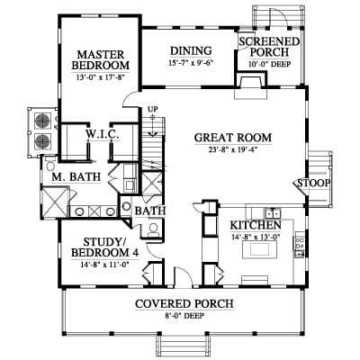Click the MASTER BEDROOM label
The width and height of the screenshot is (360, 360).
coord(101,60)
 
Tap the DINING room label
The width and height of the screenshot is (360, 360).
coord(191,51)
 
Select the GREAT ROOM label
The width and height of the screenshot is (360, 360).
coord(233,138)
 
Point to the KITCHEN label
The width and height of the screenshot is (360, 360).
coord(256,225)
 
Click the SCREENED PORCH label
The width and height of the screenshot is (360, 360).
coord(269,47)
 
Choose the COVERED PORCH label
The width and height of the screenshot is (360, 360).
coord(184,304)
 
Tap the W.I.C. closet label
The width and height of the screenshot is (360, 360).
coord(103,134)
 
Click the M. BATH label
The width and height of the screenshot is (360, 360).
coord(76,177)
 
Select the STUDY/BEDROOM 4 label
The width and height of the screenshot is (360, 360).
coord(104,247)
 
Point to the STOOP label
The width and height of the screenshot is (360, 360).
coord(314,183)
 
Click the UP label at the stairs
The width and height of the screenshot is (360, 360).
coord(153,109)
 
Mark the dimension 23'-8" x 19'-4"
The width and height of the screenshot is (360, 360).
coord(233,148)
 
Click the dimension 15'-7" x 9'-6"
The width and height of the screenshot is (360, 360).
coord(191,63)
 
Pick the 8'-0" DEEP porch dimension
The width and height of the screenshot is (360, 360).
coord(184,316)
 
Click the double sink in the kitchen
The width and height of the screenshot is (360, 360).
coord(273,213)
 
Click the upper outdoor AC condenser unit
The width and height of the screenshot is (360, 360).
coord(43,121)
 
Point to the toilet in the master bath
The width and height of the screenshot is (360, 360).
coord(50,164)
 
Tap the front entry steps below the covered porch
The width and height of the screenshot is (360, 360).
coord(183,347)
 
